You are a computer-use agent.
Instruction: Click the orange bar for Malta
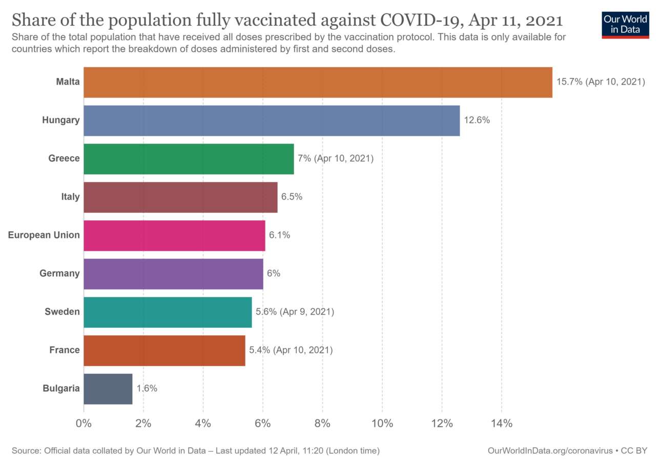(318, 82)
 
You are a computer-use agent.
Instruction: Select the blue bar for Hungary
(272, 120)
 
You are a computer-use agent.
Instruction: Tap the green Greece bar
(189, 159)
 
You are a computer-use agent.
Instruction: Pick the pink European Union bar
(174, 235)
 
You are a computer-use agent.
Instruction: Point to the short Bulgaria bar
(108, 389)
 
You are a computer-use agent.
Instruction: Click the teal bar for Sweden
(168, 312)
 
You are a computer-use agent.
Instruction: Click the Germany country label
(59, 273)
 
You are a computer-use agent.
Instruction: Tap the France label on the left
(64, 350)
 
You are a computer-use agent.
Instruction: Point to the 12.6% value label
(477, 120)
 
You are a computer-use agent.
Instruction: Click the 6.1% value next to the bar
(280, 235)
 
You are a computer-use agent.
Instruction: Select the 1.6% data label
(147, 389)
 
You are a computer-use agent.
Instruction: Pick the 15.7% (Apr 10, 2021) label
(601, 82)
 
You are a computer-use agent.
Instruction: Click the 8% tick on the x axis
(322, 423)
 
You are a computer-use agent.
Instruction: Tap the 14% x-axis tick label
(501, 423)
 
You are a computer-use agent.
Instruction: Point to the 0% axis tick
(83, 423)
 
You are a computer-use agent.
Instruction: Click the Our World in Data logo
(625, 24)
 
